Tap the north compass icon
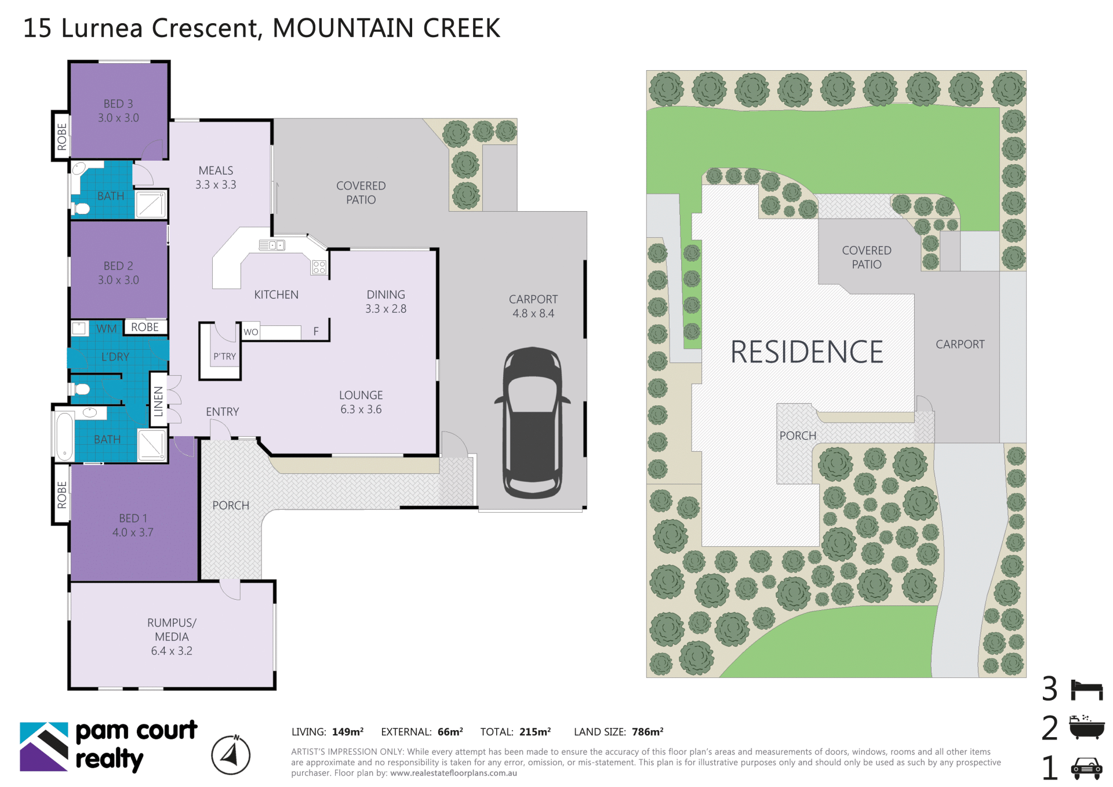click(231, 755)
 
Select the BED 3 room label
click(118, 104)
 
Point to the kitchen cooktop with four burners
click(319, 267)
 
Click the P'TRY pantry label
click(225, 356)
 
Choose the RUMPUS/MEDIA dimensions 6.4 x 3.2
click(172, 651)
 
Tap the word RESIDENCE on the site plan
click(806, 352)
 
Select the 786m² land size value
click(648, 732)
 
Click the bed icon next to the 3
click(1086, 690)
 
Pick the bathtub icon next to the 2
click(1087, 727)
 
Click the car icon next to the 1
click(1087, 768)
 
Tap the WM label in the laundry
click(106, 329)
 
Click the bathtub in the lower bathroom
click(65, 436)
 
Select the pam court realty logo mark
click(44, 746)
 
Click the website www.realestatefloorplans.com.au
click(453, 773)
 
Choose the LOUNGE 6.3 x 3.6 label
click(361, 402)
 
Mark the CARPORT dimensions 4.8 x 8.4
click(533, 314)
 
